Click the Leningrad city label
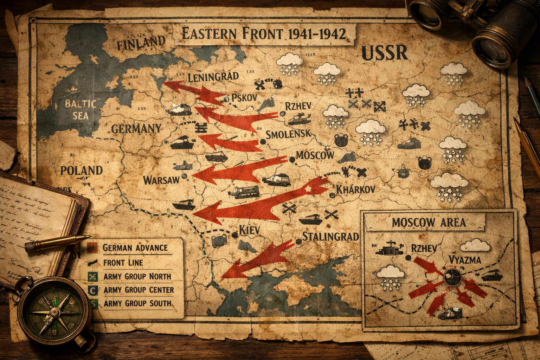(x=213, y=77)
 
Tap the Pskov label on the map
(x=244, y=97)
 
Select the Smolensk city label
(x=288, y=134)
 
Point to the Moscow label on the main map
(x=315, y=155)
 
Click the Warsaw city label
(x=161, y=180)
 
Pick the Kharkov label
(x=355, y=189)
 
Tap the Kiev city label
(x=249, y=230)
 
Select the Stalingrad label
(x=330, y=236)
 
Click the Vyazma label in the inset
(x=465, y=260)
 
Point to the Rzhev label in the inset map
(x=424, y=249)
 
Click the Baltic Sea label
(x=80, y=109)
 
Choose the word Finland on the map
(x=141, y=43)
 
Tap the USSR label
(x=385, y=53)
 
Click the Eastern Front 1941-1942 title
(x=264, y=34)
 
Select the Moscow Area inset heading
(x=429, y=222)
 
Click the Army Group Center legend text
(x=139, y=290)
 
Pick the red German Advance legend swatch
(x=92, y=248)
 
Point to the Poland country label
(x=81, y=171)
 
